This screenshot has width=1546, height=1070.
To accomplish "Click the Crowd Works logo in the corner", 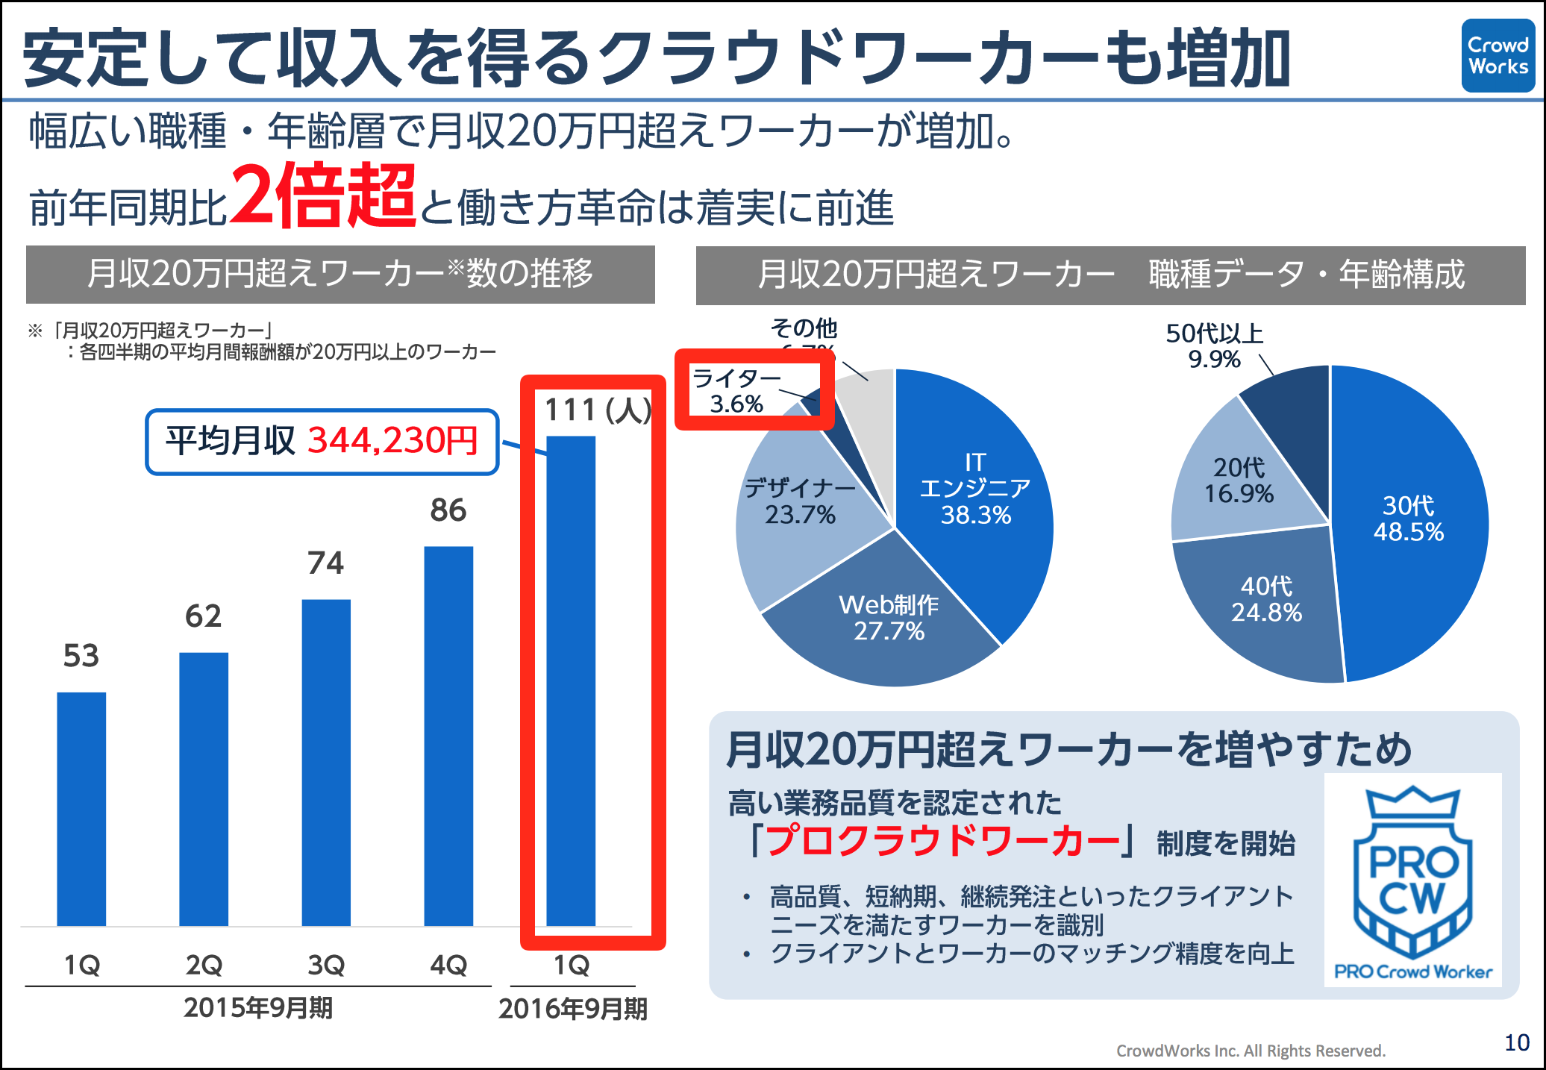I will tap(1498, 56).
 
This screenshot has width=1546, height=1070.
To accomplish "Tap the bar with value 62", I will tap(204, 789).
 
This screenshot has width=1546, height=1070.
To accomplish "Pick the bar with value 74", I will tap(326, 762).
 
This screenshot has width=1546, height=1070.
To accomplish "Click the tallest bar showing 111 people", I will tap(571, 681).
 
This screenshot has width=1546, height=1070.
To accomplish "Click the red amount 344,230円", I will tap(392, 441).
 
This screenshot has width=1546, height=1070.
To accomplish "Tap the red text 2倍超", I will tap(323, 195).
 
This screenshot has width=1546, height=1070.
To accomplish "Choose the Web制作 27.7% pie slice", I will tap(888, 619).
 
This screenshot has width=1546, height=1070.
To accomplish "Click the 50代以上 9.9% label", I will tap(1215, 345).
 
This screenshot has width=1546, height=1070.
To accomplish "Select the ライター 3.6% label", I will tap(736, 391).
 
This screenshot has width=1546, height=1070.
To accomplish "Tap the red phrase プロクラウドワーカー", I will tap(943, 841).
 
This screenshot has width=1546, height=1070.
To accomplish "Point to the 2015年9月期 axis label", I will tap(258, 1008).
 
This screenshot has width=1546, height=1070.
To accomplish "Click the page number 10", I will tap(1517, 1042).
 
